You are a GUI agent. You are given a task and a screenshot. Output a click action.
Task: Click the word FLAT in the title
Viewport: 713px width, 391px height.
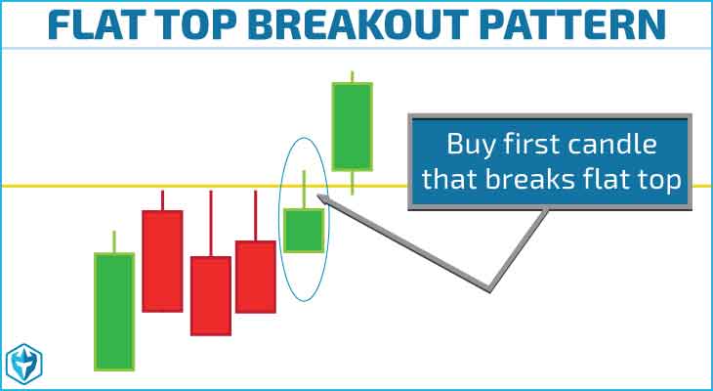pyautogui.click(x=93, y=24)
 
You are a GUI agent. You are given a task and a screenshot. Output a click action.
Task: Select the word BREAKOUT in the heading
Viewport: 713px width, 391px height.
pyautogui.click(x=357, y=24)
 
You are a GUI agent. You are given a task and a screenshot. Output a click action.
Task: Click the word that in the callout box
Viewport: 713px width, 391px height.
pyautogui.click(x=449, y=179)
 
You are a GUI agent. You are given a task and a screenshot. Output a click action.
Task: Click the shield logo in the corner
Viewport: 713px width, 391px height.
pyautogui.click(x=23, y=364)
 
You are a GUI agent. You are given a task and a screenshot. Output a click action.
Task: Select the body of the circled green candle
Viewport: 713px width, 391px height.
pyautogui.click(x=304, y=231)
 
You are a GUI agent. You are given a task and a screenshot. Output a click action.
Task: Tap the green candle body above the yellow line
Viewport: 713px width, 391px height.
pyautogui.click(x=352, y=126)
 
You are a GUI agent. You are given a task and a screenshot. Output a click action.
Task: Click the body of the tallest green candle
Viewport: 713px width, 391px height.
pyautogui.click(x=114, y=312)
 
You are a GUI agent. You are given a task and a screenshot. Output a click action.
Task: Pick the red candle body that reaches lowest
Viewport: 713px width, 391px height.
pyautogui.click(x=211, y=296)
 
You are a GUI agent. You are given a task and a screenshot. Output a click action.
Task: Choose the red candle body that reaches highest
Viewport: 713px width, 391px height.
pyautogui.click(x=162, y=261)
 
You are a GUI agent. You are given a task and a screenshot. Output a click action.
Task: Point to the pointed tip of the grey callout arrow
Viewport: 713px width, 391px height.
pyautogui.click(x=318, y=195)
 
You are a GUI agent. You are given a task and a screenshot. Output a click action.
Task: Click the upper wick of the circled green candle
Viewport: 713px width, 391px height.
pyautogui.click(x=304, y=190)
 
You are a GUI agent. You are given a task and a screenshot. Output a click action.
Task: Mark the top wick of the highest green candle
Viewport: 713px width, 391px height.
pyautogui.click(x=352, y=77)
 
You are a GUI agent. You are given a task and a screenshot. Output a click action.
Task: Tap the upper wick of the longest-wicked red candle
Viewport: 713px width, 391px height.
pyautogui.click(x=211, y=224)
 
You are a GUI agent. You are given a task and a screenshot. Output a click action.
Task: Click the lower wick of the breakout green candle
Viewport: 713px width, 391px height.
pyautogui.click(x=352, y=183)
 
